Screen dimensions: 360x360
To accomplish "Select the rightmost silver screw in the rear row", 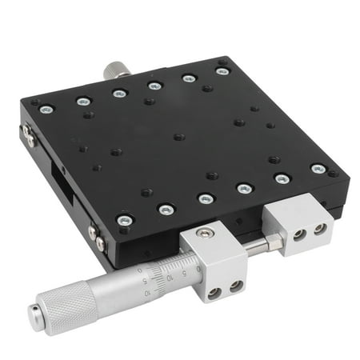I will click(222, 71).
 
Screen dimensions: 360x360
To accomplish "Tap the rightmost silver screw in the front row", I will click(318, 169).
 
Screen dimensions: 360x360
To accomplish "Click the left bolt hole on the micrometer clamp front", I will click(214, 291).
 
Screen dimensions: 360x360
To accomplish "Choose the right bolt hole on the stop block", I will click(320, 229).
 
